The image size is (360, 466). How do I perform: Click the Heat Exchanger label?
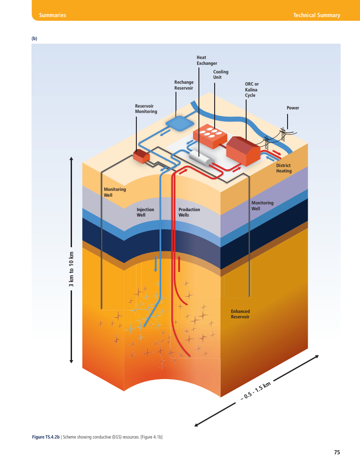(207, 60)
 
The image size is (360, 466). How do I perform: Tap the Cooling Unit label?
(220, 74)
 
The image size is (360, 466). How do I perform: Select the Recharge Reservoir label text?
(184, 85)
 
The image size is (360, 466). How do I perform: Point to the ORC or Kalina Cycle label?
(252, 90)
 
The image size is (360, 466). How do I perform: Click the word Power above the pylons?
(292, 108)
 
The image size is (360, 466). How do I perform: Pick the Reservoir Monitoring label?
(146, 109)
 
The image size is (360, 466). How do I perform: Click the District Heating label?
(283, 168)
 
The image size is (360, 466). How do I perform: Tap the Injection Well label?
(145, 212)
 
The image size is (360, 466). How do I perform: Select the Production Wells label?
(189, 212)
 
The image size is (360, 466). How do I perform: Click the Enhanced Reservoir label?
(240, 314)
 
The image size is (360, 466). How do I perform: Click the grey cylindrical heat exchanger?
(202, 158)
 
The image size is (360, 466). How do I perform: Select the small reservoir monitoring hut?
(141, 156)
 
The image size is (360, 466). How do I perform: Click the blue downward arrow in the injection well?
(155, 264)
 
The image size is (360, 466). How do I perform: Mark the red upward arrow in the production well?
(179, 263)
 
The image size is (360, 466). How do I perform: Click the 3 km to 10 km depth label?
(71, 269)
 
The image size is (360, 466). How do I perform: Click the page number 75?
(337, 452)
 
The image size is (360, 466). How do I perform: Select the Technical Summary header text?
(317, 15)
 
